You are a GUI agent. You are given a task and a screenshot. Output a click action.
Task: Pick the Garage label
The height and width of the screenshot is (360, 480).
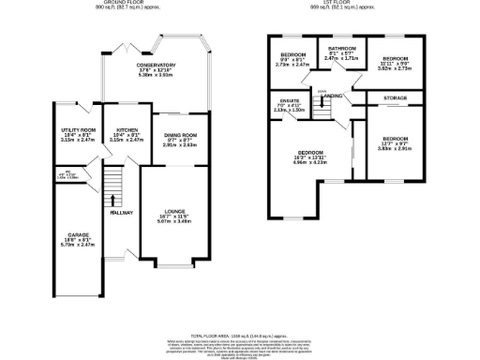(77, 239)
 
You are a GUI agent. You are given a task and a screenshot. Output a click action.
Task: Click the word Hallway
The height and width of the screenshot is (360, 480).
(119, 213)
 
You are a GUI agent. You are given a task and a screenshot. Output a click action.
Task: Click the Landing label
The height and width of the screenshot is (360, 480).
(332, 96)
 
